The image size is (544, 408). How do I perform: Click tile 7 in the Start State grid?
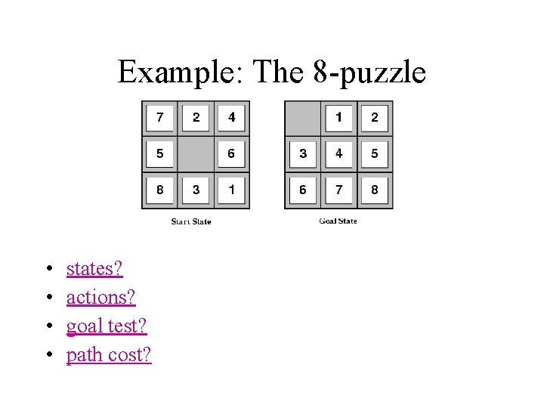(x=159, y=118)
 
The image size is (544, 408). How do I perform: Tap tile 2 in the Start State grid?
(x=196, y=118)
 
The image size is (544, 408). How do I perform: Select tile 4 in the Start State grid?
(x=231, y=118)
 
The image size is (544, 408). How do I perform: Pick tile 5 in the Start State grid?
(x=159, y=154)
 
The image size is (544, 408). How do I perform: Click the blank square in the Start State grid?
(x=196, y=154)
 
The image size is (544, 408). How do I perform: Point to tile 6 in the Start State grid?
(x=231, y=154)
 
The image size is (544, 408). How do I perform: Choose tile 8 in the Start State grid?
(x=159, y=190)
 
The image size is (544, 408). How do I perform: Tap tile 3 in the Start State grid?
(x=196, y=190)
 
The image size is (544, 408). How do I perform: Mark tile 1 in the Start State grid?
(x=231, y=190)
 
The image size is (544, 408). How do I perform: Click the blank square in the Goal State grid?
(x=302, y=118)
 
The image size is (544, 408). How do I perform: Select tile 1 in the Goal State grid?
(x=338, y=118)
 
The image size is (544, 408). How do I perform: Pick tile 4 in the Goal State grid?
(x=338, y=154)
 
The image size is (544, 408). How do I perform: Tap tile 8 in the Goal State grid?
(x=374, y=190)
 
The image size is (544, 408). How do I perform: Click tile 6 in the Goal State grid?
(x=302, y=190)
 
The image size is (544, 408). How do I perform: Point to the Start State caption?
(x=191, y=221)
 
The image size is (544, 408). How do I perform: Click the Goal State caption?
(x=338, y=221)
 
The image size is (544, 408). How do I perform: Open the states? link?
(x=94, y=269)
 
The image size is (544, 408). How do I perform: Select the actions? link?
(x=101, y=298)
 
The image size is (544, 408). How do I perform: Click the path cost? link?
(x=109, y=355)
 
